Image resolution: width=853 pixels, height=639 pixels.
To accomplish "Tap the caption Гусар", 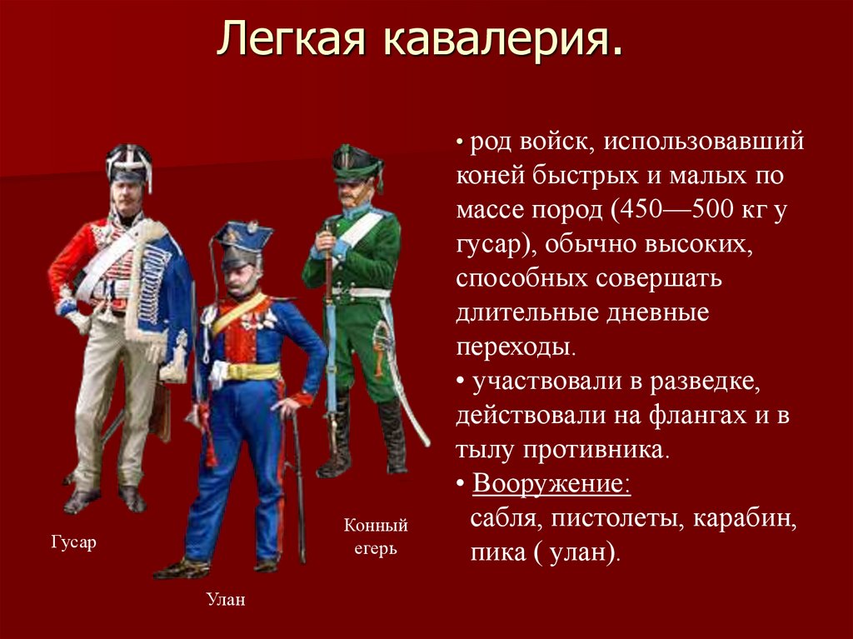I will coord(73,542).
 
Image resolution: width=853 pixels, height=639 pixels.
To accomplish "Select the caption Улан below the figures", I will coord(226,599).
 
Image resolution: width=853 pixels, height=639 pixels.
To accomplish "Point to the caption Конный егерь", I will coord(376,537).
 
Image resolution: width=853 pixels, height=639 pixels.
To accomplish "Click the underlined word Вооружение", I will coord(551,484).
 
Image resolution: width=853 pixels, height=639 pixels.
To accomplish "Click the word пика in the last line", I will coord(493,553).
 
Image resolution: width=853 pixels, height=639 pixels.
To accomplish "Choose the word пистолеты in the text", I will coord(611,519).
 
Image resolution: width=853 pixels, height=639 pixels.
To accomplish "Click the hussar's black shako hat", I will coord(129,163).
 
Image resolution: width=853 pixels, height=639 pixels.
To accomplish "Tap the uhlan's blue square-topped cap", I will coord(242,237).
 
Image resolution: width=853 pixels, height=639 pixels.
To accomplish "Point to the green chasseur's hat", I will coord(356,165).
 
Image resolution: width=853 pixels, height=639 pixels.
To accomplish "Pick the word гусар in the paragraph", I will coord(489,244).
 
